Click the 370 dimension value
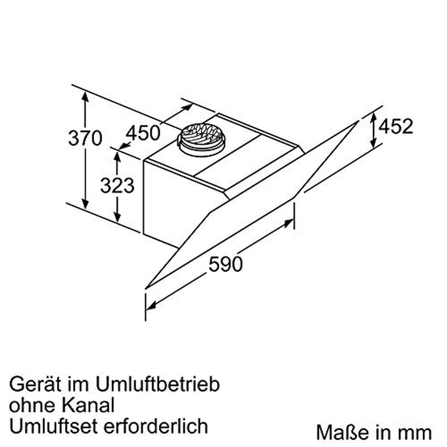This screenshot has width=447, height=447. point(85,138)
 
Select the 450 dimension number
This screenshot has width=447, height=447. point(143,132)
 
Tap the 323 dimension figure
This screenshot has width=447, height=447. point(117,185)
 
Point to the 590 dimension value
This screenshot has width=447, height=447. point(225,264)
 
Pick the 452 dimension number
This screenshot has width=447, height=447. point(396,126)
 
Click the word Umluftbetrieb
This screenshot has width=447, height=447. point(158,384)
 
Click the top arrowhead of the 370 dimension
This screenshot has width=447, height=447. point(85,95)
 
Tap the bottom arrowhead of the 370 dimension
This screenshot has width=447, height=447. point(85,205)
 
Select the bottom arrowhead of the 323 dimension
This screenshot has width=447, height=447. point(117,218)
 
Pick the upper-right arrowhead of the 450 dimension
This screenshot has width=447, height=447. point(188,107)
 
